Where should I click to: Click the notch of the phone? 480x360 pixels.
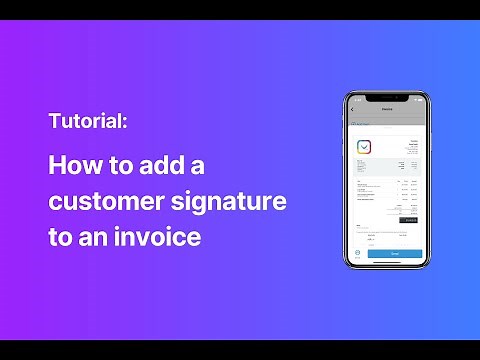[387, 98]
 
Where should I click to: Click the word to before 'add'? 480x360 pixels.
[119, 166]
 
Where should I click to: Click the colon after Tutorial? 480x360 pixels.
[124, 123]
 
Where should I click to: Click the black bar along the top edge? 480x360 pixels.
[240, 9]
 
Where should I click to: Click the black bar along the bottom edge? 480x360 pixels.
[240, 351]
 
